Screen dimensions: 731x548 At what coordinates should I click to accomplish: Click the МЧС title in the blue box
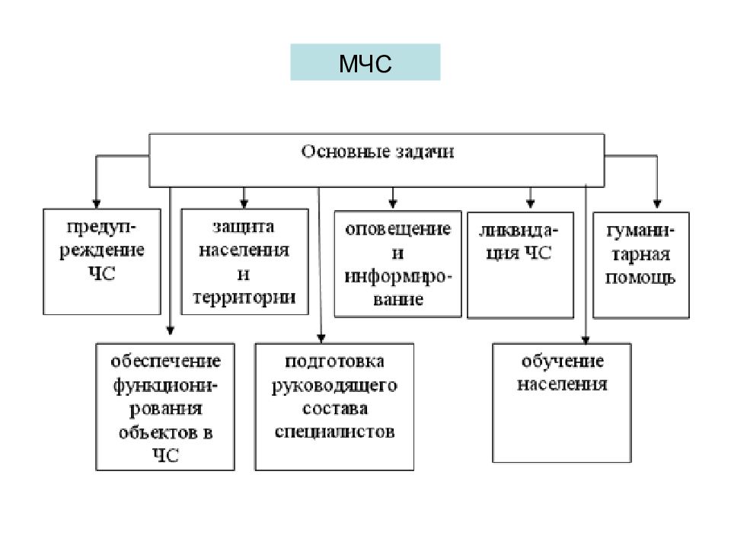coord(365,64)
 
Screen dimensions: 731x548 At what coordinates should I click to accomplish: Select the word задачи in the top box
coord(425,152)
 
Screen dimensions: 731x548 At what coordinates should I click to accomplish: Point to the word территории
coord(244,298)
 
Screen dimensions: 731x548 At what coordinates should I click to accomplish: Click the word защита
coord(244,227)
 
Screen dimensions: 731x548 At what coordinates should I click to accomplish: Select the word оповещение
coord(398,229)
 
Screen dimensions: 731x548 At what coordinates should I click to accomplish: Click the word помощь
coord(640,279)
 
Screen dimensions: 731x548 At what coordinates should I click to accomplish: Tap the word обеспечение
coord(165,362)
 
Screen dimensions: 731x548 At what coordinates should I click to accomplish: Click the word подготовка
coord(334,362)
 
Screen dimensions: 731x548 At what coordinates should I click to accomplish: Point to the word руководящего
coord(334,386)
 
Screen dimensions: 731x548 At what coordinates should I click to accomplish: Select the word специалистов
coord(334,432)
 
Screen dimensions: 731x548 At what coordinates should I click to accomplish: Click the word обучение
coord(562,362)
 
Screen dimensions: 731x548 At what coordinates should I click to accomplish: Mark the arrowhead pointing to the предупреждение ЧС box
coord(97,204)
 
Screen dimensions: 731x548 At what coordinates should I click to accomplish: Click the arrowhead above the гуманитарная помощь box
coord(657,204)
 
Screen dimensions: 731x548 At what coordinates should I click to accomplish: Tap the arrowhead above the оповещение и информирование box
coord(393,204)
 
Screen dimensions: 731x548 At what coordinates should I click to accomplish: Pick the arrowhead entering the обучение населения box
coord(586,340)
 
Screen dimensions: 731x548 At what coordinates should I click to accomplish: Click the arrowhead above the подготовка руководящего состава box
coord(321,338)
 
